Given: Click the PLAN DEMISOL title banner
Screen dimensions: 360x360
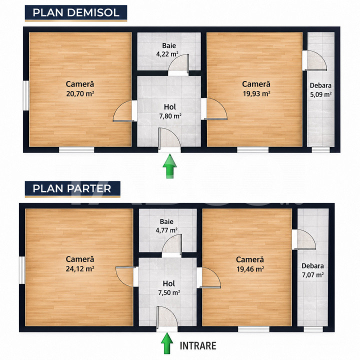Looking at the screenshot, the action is (x=76, y=13).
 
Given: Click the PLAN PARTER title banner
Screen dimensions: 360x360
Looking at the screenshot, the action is (x=72, y=188).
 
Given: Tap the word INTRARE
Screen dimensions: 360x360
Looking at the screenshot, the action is (x=198, y=346).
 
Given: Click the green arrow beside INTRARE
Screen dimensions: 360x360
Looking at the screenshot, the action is (x=167, y=343).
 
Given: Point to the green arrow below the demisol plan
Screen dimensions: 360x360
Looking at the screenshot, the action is (x=169, y=166).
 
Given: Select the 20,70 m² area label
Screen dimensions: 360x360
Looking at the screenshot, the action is (x=80, y=93).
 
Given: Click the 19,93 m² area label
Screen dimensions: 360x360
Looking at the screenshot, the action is (x=256, y=93).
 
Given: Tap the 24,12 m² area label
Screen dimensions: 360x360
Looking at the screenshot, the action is (x=80, y=268).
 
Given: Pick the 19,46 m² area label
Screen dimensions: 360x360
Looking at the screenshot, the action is (x=250, y=269).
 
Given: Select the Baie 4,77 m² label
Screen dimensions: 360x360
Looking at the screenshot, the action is (x=166, y=225).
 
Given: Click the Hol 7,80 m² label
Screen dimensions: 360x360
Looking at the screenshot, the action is (x=170, y=111).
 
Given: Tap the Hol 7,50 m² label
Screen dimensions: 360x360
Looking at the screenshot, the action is (x=169, y=288).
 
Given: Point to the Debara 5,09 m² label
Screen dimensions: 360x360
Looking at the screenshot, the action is (x=320, y=90).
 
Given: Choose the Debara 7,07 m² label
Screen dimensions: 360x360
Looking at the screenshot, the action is (x=312, y=270).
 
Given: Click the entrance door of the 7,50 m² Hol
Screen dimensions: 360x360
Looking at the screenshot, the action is (x=167, y=318).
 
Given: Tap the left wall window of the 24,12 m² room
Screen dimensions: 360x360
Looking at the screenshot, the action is (x=22, y=270).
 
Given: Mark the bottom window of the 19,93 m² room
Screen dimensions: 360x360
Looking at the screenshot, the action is (x=253, y=150).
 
